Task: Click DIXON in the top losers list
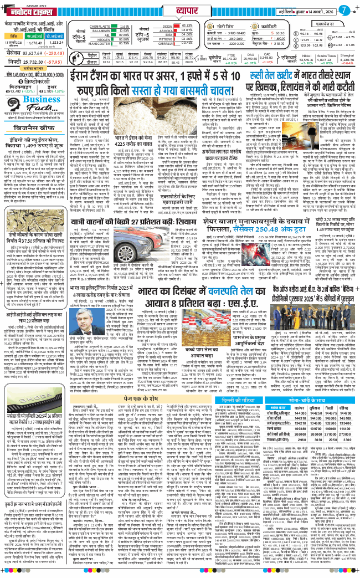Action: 172,26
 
